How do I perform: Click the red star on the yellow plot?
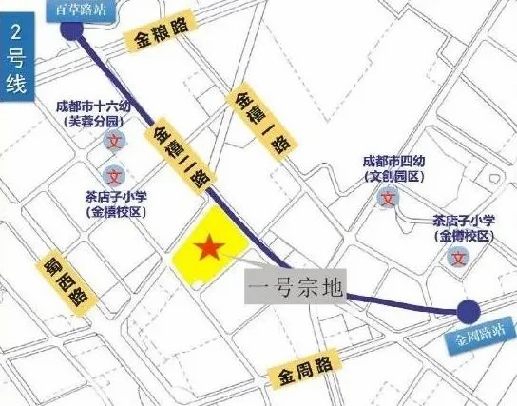(x=210, y=249)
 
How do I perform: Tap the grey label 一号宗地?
(x=294, y=287)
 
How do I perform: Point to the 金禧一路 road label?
(x=254, y=119)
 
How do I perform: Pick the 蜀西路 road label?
(x=67, y=280)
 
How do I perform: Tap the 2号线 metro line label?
(x=15, y=58)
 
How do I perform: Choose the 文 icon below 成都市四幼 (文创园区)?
(x=388, y=199)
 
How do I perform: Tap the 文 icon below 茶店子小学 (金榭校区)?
(x=460, y=257)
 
